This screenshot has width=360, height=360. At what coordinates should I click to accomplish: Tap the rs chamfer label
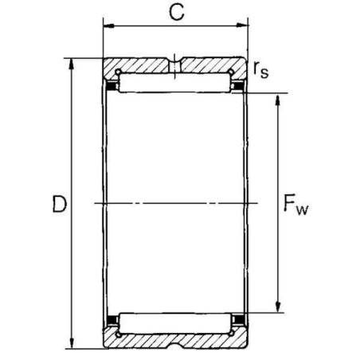[260, 70]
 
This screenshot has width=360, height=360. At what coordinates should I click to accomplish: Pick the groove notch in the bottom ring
[174, 345]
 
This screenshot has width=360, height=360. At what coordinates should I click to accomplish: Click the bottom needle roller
[174, 323]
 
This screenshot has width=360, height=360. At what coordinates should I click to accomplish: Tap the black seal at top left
[112, 84]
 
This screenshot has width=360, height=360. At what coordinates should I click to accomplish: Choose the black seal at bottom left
[112, 323]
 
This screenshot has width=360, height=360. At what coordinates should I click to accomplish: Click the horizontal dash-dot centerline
[174, 205]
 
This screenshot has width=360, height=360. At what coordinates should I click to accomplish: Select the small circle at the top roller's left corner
[119, 75]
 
